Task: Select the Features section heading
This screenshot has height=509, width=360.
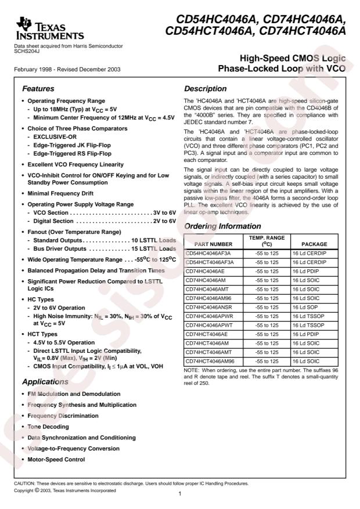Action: (39, 89)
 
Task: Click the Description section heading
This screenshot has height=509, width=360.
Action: (205, 89)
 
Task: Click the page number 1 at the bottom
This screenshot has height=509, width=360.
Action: (181, 494)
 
